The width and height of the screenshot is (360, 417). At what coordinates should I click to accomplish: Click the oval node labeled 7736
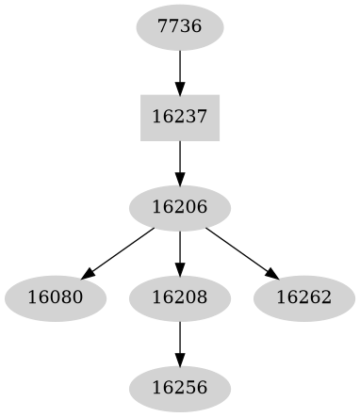point(180,27)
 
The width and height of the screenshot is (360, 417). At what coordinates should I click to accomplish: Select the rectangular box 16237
point(180,118)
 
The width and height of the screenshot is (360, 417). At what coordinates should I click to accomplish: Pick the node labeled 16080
point(56,297)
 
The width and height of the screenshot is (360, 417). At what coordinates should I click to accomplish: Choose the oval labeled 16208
point(180,297)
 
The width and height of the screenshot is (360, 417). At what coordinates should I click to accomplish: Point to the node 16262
point(304,297)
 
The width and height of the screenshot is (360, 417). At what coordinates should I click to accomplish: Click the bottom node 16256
point(180,388)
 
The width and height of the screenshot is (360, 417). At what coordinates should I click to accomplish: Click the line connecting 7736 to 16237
point(180,66)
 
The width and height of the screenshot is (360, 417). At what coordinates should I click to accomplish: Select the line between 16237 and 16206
point(180,156)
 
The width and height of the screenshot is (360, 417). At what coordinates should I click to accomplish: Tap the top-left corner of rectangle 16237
point(141,96)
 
